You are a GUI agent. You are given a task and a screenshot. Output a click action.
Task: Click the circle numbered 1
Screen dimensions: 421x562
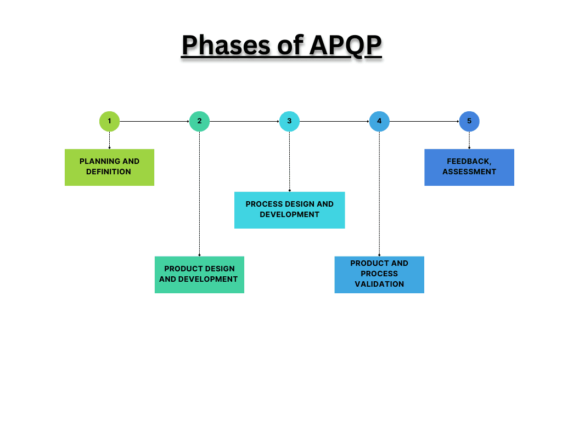109,121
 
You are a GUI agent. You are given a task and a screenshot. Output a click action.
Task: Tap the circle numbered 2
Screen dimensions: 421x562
199,121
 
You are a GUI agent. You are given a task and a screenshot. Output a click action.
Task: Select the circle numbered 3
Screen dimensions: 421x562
289,121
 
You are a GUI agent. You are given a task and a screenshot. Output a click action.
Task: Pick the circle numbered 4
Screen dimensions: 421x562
379,121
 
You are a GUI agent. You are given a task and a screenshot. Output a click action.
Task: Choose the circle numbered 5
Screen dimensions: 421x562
469,121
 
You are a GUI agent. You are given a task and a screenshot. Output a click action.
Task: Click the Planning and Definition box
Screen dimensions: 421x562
109,167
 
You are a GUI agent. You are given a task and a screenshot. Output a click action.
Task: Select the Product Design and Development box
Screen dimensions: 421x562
199,275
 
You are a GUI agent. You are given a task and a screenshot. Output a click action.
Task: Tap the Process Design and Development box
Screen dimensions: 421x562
289,210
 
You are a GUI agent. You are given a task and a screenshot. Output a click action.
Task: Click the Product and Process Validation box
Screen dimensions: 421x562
379,275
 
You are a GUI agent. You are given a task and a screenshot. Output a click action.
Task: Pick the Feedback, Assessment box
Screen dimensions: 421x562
469,167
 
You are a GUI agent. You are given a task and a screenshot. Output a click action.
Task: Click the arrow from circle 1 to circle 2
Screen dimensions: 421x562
154,121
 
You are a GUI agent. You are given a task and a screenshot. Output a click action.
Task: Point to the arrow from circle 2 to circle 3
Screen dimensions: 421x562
244,121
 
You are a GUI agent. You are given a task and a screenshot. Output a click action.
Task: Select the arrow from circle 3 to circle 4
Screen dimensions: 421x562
334,121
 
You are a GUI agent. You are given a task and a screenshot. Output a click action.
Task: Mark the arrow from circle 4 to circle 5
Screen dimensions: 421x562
424,121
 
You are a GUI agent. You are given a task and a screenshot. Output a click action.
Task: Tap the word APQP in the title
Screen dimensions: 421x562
345,45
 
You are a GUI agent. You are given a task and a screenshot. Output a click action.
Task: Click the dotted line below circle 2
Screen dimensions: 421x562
199,192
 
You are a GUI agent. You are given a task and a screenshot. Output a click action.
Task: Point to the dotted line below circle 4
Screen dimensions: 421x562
379,192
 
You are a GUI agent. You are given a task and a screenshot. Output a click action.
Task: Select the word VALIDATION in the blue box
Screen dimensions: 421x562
379,284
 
